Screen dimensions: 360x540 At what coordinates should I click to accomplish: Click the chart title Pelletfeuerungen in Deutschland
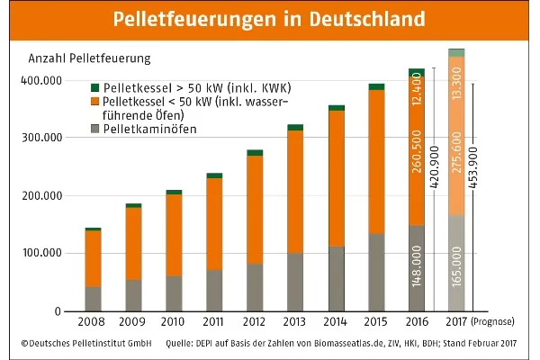pos(269,19)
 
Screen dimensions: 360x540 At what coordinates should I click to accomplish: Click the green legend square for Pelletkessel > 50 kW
pos(94,88)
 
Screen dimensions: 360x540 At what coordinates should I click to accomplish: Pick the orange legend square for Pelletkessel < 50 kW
pos(94,103)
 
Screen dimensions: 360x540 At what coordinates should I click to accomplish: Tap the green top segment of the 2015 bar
pos(376,86)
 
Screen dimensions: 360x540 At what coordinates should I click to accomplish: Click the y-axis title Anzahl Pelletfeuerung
pos(90,58)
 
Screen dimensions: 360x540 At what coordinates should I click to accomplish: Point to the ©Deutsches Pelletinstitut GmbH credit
pos(80,344)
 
